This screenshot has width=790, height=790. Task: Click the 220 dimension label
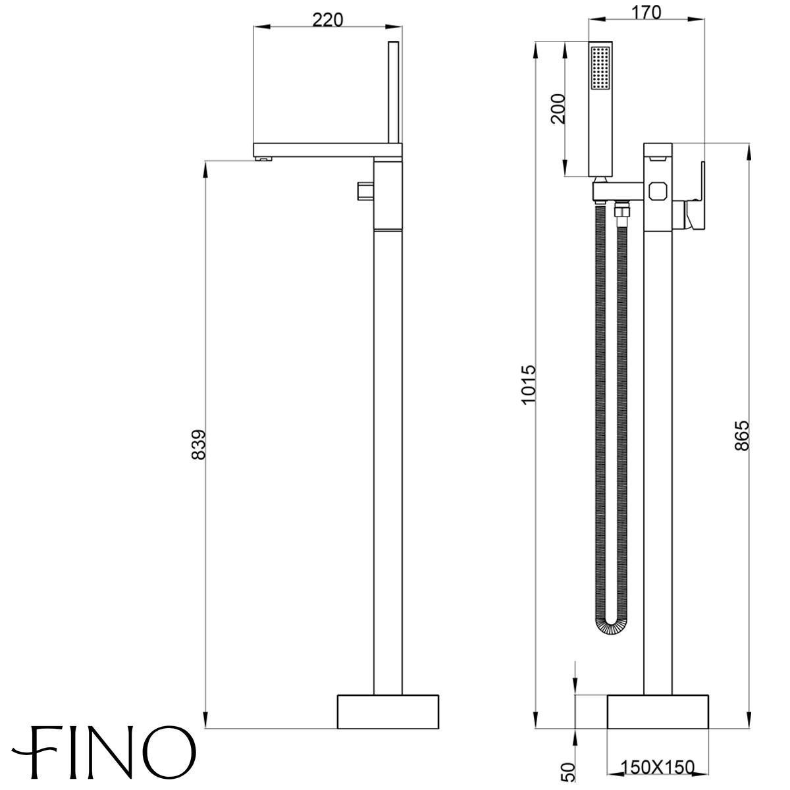click(x=328, y=20)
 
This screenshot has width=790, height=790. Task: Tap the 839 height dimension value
click(x=198, y=445)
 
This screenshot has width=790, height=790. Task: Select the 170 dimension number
click(x=646, y=13)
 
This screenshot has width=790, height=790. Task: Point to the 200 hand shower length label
click(x=558, y=109)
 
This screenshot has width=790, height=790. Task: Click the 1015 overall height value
click(x=529, y=384)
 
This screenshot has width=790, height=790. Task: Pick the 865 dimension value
click(x=742, y=436)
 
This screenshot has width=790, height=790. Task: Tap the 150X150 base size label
click(x=658, y=767)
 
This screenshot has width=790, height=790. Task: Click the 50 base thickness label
click(x=569, y=772)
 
